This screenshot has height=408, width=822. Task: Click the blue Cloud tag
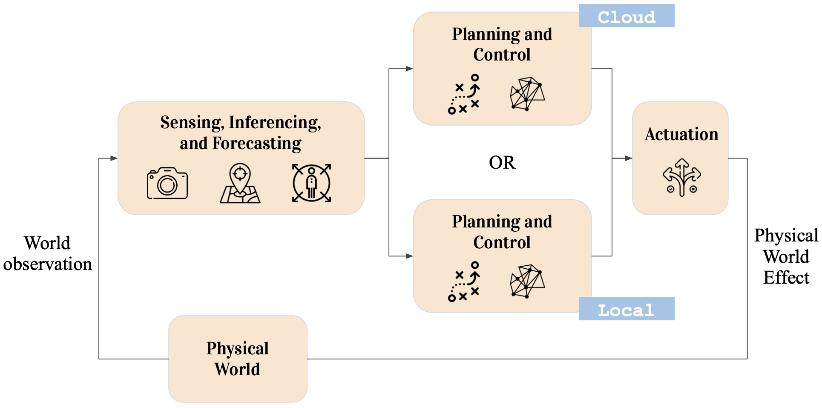tap(626, 16)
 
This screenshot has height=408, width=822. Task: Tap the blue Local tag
tap(626, 309)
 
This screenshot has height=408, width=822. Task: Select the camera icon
tap(167, 184)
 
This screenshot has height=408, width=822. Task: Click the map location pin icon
tap(240, 184)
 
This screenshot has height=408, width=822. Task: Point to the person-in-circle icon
tap(311, 183)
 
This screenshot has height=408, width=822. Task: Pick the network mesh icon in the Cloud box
tap(527, 94)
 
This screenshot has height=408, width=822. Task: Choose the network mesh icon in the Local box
tap(527, 282)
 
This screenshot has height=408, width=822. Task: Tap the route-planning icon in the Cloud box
tap(464, 94)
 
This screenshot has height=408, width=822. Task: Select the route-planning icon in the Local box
tap(464, 282)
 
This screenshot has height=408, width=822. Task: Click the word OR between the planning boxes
tap(502, 163)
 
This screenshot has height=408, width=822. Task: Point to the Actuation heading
tap(681, 135)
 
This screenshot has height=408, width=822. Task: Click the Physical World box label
tap(238, 359)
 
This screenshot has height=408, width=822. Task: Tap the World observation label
tap(47, 254)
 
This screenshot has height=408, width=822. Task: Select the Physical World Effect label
tap(786, 256)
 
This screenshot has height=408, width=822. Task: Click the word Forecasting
tap(257, 144)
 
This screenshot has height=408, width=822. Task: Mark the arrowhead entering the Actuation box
tap(628, 158)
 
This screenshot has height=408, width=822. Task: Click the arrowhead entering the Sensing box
tap(114, 158)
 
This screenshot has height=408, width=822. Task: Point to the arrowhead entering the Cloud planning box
tap(409, 69)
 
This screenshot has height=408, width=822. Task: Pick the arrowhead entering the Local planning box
tap(409, 256)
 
